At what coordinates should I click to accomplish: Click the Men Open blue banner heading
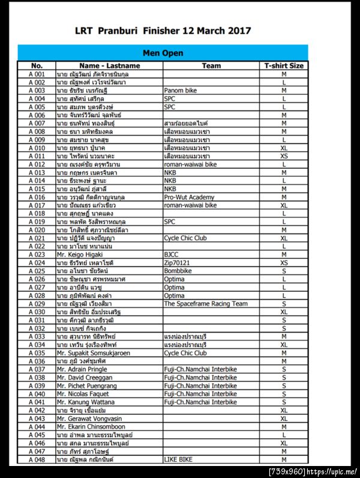point(163,53)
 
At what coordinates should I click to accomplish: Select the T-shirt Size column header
point(284,65)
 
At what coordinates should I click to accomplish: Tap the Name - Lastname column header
point(109,65)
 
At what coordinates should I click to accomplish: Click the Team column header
point(211,65)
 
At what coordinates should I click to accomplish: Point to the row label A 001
point(37,74)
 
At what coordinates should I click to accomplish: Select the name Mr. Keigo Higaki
point(82,254)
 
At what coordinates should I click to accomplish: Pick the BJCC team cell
point(172,254)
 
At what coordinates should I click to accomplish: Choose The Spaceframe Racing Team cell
point(206,304)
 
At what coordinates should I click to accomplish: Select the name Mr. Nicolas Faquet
point(83,394)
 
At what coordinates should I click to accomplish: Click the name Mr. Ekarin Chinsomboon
point(91,427)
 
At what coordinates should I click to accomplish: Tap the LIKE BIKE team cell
point(178,459)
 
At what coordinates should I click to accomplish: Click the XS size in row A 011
point(284,156)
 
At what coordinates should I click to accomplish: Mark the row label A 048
point(37,459)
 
